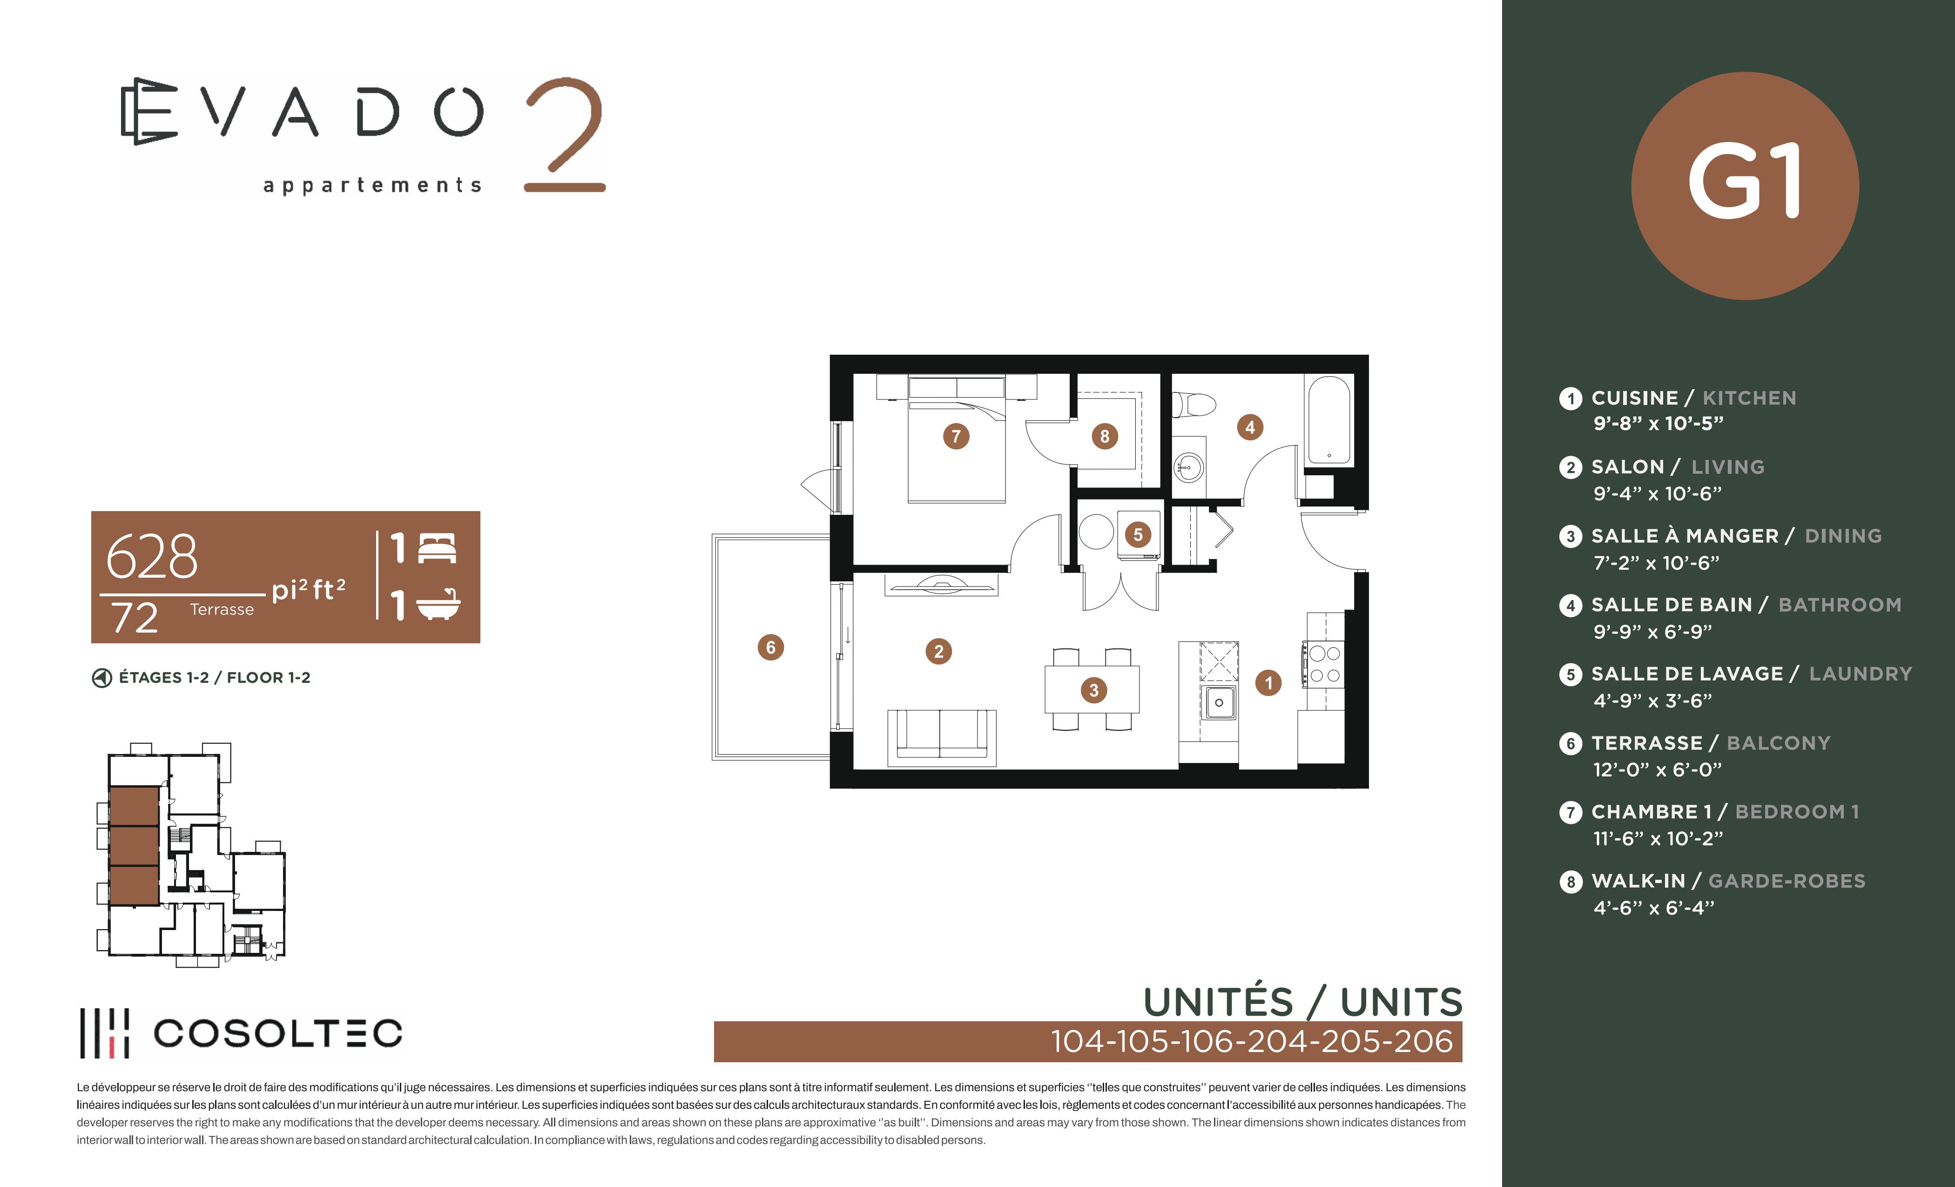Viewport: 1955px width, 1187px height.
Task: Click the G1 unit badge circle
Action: point(1744,186)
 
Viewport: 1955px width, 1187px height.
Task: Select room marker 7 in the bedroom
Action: point(956,436)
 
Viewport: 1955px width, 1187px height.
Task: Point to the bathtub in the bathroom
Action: point(1329,420)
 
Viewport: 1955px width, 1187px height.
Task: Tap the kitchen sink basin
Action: point(1219,703)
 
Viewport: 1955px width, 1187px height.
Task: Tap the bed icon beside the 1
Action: point(437,548)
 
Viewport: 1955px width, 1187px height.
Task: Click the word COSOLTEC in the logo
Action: point(278,1033)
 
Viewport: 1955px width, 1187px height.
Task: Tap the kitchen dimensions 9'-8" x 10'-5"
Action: point(1658,424)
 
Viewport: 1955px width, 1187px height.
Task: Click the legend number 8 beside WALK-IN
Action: point(1570,882)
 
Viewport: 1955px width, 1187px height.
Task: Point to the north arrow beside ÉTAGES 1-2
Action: point(101,678)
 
